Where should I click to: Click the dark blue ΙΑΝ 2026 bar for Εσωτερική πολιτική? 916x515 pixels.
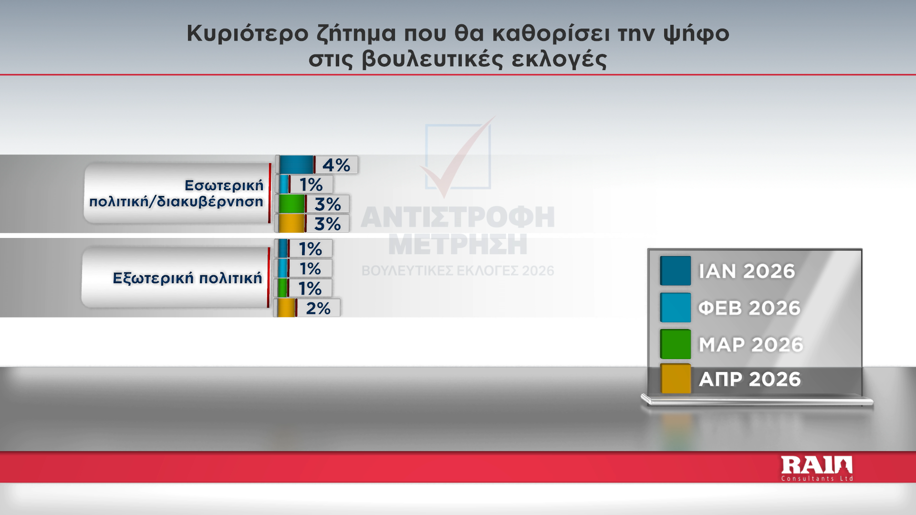click(296, 165)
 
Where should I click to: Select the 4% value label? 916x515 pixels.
click(336, 165)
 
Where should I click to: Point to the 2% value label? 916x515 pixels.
click(318, 308)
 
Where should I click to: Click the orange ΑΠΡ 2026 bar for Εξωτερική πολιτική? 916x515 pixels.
click(287, 308)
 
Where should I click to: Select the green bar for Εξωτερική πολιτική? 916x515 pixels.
click(283, 288)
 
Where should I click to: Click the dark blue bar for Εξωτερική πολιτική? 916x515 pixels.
click(283, 248)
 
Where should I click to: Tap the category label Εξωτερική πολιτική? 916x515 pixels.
click(187, 278)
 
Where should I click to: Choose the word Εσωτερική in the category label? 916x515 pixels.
click(224, 185)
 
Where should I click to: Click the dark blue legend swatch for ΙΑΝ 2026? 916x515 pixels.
click(676, 271)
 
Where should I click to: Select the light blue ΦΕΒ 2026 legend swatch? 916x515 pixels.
click(676, 308)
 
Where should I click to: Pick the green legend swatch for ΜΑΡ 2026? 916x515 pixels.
click(676, 344)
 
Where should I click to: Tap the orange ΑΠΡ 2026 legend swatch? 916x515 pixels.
click(676, 379)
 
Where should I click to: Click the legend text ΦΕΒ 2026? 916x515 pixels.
click(749, 308)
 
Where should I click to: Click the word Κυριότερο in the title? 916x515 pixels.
click(248, 33)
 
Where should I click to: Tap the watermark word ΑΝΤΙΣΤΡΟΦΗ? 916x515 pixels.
click(458, 217)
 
